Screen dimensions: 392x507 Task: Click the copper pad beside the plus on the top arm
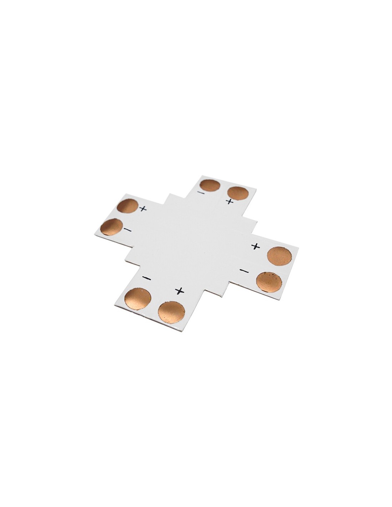point(238,193)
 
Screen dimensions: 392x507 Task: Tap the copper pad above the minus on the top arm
point(210,186)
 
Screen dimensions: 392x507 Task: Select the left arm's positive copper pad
point(127,206)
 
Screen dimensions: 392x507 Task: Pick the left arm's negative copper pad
point(112,226)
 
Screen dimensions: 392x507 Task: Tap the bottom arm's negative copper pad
point(138,299)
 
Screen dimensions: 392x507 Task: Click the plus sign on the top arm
point(230,201)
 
